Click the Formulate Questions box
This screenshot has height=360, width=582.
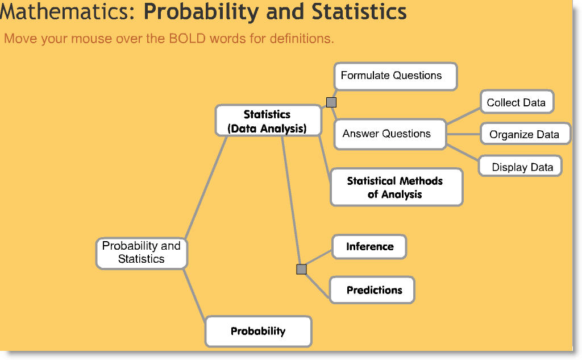click(395, 76)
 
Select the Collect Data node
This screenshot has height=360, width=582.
click(516, 102)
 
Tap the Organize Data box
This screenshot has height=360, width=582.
click(524, 134)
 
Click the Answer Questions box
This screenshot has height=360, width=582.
click(389, 134)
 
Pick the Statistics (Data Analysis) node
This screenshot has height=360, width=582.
click(267, 121)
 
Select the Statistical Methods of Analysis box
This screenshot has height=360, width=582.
click(396, 187)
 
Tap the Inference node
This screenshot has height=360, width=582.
click(369, 247)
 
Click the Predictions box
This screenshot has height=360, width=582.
click(373, 290)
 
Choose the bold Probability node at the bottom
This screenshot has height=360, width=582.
click(258, 331)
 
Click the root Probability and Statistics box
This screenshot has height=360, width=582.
click(141, 253)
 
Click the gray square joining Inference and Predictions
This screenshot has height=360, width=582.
click(301, 269)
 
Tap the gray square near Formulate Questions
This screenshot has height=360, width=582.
click(331, 102)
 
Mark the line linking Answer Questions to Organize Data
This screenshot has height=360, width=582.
click(463, 134)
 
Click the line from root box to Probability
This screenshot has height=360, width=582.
click(194, 295)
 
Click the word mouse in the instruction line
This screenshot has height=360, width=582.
click(93, 39)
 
